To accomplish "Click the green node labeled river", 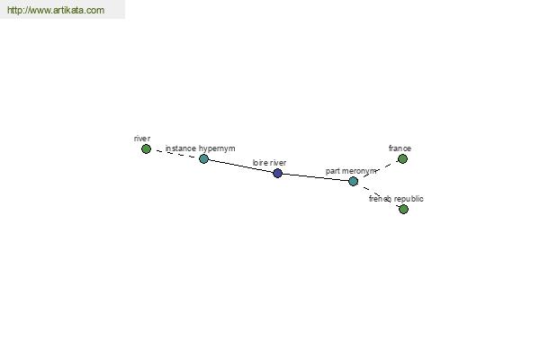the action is [x=146, y=148].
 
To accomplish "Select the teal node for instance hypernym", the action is [x=203, y=158].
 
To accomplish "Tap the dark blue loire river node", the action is [x=277, y=174].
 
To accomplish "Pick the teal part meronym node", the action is [x=353, y=181].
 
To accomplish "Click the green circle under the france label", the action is [x=402, y=158].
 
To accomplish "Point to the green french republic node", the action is [x=403, y=209].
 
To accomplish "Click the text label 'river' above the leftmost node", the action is [x=142, y=139].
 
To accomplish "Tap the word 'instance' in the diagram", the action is [x=181, y=148].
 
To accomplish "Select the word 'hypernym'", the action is [x=217, y=148].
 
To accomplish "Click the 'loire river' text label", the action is [x=269, y=163].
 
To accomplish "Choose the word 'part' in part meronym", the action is [x=333, y=171].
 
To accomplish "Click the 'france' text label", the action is [x=400, y=148].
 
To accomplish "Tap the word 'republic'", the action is [x=409, y=199].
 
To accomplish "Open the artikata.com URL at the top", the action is [x=56, y=10].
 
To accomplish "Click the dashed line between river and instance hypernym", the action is [x=175, y=154].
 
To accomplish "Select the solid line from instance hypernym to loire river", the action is [x=240, y=166].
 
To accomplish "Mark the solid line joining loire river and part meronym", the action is [x=315, y=177].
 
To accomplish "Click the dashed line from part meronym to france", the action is [x=378, y=170].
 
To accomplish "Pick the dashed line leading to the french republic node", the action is [x=378, y=195].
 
